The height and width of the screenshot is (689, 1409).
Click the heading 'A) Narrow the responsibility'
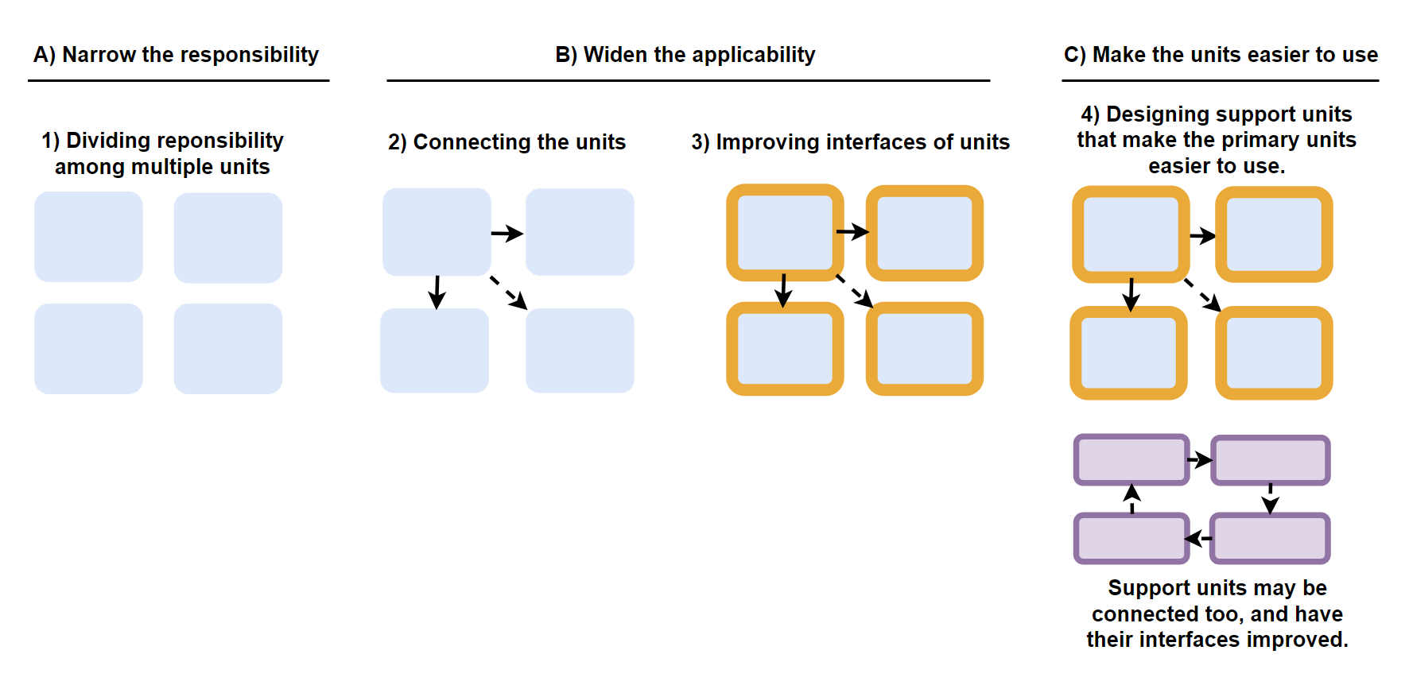(176, 55)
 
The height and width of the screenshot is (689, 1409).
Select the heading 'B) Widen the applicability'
(685, 55)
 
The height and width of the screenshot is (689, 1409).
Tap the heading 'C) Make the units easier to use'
(1220, 55)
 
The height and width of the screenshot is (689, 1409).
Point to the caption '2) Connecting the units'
(507, 142)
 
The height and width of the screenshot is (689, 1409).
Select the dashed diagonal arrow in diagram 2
(508, 292)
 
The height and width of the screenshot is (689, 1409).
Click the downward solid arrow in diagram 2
(437, 292)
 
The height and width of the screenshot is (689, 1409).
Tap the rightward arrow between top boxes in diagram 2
(507, 234)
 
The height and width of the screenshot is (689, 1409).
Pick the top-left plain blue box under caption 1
(88, 237)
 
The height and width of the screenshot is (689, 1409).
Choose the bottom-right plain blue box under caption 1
(228, 349)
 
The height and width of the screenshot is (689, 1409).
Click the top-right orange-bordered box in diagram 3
(924, 233)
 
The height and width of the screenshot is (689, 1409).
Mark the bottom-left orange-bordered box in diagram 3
(785, 349)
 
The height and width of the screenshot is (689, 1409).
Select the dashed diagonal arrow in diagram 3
(855, 291)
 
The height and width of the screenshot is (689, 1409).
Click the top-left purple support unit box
(1131, 459)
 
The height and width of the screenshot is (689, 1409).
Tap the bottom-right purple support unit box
(1270, 538)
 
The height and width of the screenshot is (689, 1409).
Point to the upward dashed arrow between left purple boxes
(1132, 498)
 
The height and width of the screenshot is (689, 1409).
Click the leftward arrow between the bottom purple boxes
(1198, 539)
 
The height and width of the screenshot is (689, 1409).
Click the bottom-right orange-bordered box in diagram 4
(1273, 353)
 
